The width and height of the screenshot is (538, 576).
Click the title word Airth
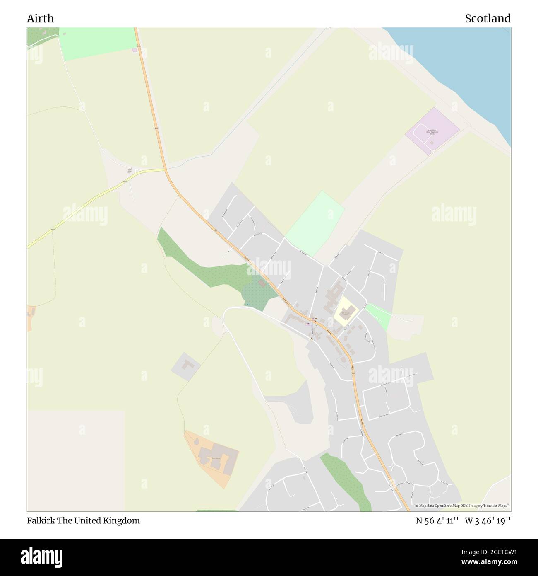point(40,19)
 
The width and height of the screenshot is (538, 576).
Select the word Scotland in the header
point(488,19)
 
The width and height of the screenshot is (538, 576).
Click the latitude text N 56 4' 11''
point(437,520)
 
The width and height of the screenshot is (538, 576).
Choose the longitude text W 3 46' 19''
point(488,520)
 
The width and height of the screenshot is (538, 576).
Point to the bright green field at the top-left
point(97,42)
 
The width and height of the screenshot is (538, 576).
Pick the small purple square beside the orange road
point(134,50)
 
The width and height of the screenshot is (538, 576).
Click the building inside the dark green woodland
point(262,283)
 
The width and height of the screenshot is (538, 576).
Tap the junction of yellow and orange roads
point(165,169)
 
